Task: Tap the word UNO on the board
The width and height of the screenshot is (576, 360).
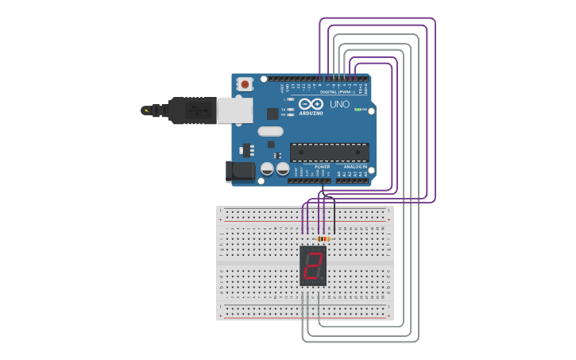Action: point(339,104)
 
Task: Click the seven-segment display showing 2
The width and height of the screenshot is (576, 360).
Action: point(313,265)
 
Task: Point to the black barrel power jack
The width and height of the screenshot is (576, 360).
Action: point(239,171)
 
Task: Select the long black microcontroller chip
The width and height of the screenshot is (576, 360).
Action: point(329,152)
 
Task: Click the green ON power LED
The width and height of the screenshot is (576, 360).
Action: point(358,110)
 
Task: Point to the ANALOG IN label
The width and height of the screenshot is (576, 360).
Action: point(355,167)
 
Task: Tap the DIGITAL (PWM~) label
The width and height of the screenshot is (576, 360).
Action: point(337,92)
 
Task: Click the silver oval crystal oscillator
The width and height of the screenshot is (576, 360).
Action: point(270,131)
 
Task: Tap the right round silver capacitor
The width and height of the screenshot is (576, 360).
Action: point(282,168)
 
